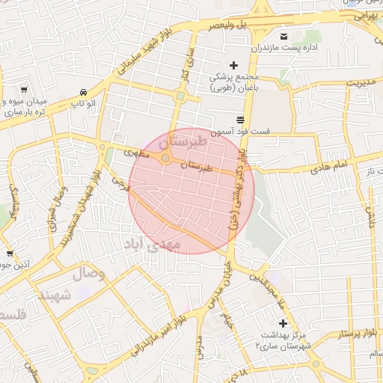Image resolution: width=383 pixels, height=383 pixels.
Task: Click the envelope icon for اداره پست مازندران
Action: (284, 37)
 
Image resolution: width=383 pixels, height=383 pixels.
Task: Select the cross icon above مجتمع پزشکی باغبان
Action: (233, 66)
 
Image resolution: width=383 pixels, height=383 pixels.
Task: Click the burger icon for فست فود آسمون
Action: (240, 120)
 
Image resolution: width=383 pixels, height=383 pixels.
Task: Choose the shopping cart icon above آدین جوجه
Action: (9, 254)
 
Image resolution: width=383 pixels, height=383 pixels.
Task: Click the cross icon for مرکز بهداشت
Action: (282, 323)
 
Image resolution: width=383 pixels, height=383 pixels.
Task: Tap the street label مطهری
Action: (138, 153)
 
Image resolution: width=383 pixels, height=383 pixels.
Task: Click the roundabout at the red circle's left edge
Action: (165, 158)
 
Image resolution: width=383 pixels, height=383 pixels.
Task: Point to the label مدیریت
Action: (359, 82)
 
